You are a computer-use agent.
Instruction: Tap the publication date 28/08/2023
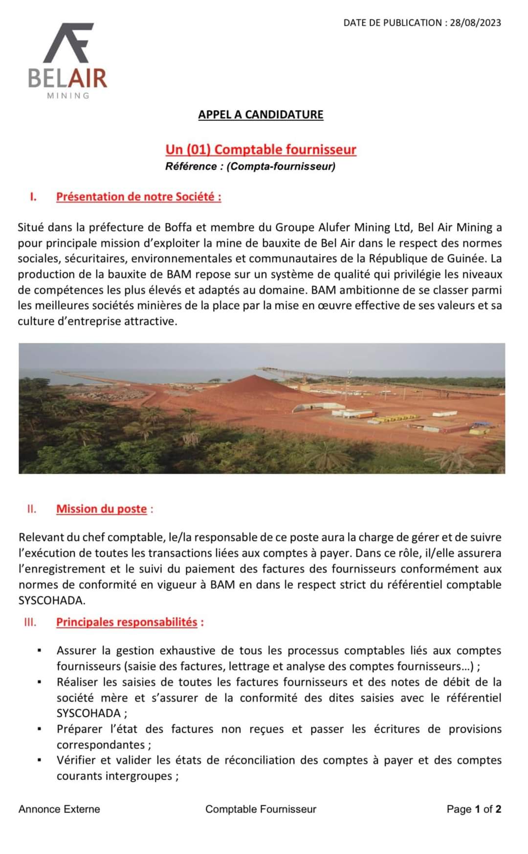(475, 22)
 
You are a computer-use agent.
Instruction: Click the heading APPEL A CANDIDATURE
(261, 114)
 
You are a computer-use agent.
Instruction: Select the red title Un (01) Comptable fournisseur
(261, 149)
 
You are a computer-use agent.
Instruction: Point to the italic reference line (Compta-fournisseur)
(250, 166)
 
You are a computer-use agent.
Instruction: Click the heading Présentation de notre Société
(138, 197)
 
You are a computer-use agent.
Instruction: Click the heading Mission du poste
(101, 509)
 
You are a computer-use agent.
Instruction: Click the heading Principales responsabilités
(127, 622)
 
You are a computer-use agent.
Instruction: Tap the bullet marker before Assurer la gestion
(39, 651)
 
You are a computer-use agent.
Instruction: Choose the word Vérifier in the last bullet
(76, 760)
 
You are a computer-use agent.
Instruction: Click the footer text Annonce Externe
(59, 809)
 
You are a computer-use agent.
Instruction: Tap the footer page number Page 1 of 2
(474, 809)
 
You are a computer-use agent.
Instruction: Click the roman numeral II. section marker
(32, 509)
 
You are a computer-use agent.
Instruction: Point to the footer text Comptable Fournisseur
(261, 809)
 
